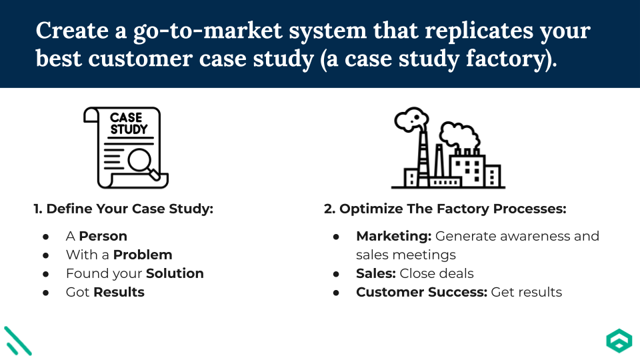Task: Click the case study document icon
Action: coord(125,147)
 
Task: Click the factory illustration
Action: coord(447,149)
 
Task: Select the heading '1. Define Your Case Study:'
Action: coord(123,209)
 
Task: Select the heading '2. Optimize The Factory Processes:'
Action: coord(445,209)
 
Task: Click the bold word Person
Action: coord(103,236)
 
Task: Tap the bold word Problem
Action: coord(143,255)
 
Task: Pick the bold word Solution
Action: coord(175,273)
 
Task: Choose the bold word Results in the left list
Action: coord(119,292)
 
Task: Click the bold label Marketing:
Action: coord(394,236)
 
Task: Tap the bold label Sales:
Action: coord(376,273)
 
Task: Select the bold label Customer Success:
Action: coord(422,292)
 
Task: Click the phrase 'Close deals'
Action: coord(437,273)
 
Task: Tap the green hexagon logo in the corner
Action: coord(618,341)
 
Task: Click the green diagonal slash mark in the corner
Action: coord(18,340)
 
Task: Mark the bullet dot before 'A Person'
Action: coord(46,237)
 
